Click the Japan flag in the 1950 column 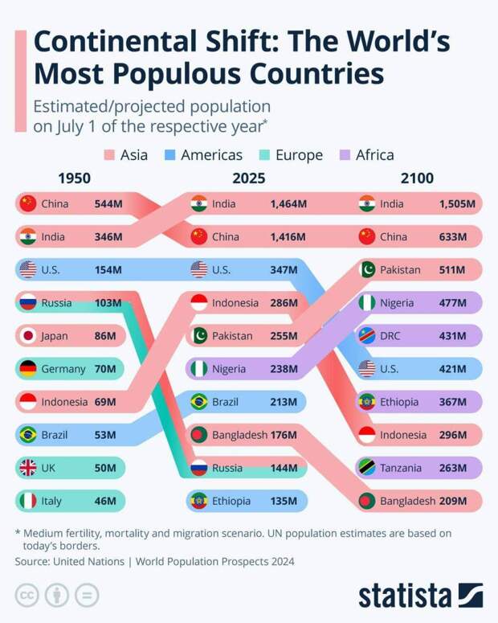(x=28, y=336)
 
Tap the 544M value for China (x=108, y=204)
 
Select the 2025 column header (x=248, y=178)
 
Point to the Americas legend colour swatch (x=171, y=155)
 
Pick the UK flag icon (x=28, y=468)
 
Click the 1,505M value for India (x=457, y=204)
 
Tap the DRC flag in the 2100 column (x=367, y=336)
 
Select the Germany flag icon (x=28, y=369)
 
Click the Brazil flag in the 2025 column (x=199, y=402)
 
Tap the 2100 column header (x=417, y=178)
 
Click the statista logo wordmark (x=405, y=596)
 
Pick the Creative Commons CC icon (x=27, y=595)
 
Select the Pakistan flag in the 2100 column (x=367, y=270)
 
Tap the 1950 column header (x=75, y=178)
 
